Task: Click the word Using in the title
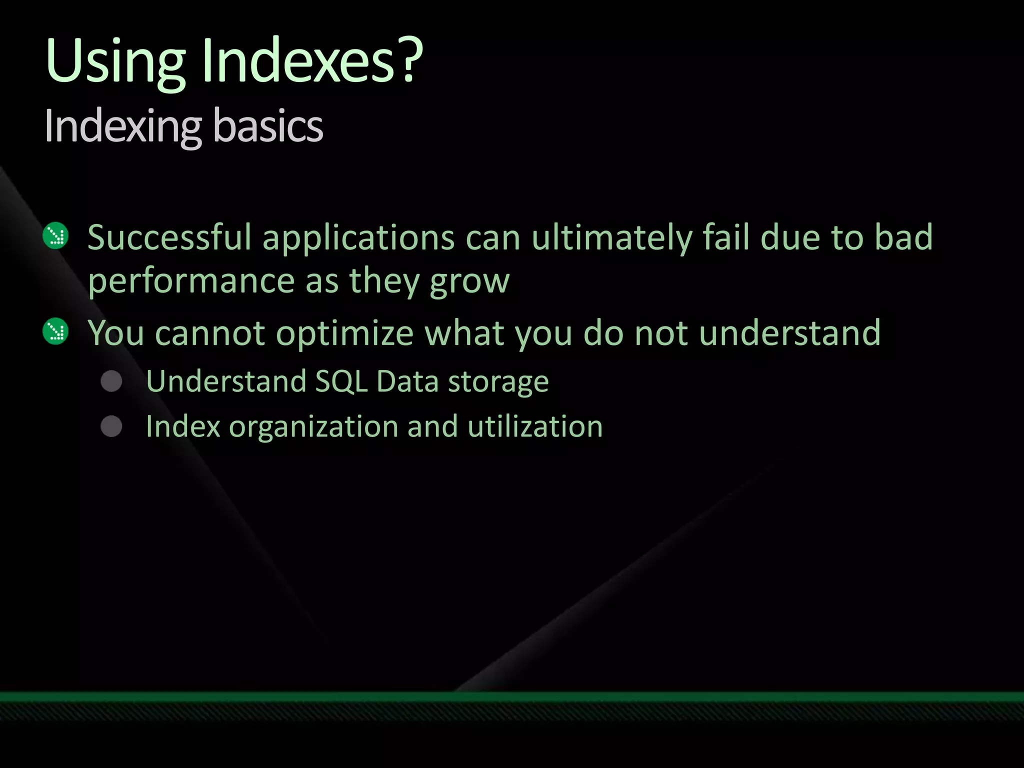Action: tap(115, 62)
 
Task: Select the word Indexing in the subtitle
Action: tap(123, 127)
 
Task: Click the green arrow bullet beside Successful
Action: tap(55, 235)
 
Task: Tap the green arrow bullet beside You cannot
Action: tap(55, 331)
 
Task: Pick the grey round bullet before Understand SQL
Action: tap(111, 381)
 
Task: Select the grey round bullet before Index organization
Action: tap(111, 426)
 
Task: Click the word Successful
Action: tap(169, 237)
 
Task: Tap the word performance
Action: tap(191, 281)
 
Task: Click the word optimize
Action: tap(345, 333)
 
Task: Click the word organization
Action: tap(313, 427)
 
